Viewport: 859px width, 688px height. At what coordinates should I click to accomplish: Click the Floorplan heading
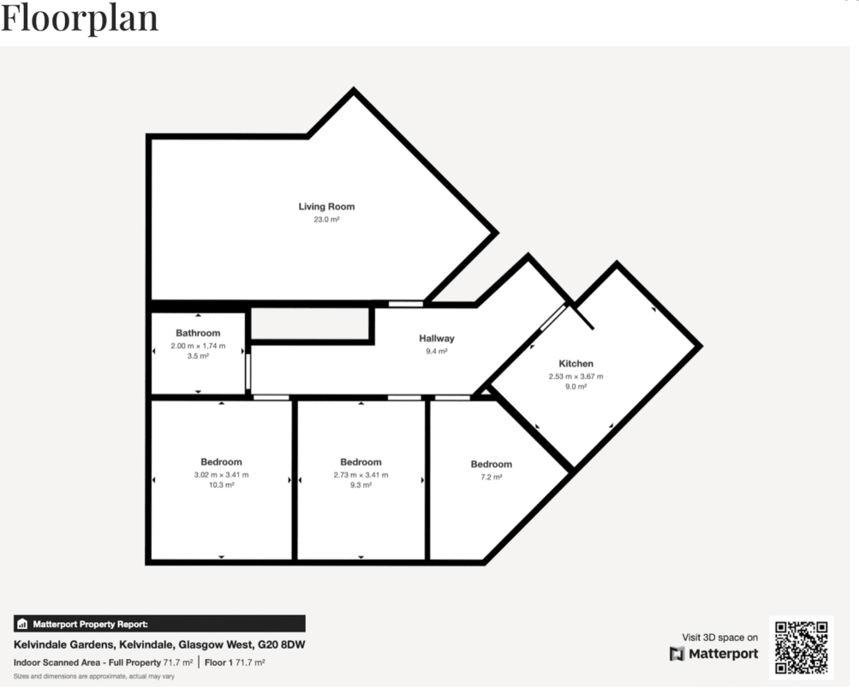point(80,18)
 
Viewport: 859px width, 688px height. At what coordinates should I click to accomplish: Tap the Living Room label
point(326,206)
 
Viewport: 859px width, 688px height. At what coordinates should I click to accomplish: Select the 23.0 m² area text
point(326,220)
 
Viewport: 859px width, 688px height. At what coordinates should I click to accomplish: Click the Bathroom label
point(198,333)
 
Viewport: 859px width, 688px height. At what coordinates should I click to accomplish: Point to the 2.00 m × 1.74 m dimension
point(198,346)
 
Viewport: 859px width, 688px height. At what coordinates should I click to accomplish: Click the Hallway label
point(436,338)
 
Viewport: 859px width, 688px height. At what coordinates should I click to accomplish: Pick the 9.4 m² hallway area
point(436,351)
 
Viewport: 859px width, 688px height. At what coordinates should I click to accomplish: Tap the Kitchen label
point(576,364)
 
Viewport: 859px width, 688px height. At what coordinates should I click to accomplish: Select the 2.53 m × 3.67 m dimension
point(576,377)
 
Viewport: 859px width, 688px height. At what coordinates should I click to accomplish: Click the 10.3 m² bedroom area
point(221,485)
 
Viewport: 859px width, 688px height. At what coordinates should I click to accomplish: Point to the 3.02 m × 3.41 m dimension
point(221,475)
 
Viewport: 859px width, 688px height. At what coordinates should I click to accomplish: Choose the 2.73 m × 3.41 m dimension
point(361,475)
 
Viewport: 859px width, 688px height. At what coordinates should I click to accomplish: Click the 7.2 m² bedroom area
point(491,477)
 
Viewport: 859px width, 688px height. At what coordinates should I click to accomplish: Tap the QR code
point(801,648)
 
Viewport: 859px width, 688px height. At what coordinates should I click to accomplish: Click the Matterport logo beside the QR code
point(713,654)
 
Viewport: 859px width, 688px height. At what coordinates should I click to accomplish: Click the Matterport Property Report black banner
point(159,624)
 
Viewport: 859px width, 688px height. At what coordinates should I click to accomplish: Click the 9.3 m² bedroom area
point(361,485)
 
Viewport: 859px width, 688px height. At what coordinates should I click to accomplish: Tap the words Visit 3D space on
point(719,638)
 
